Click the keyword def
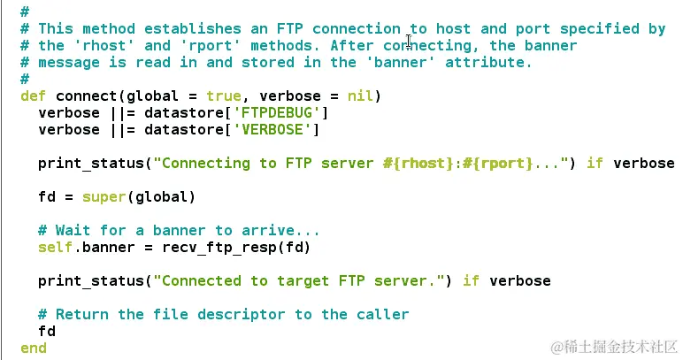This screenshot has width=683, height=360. pyautogui.click(x=33, y=96)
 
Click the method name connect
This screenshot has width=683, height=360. pyautogui.click(x=86, y=96)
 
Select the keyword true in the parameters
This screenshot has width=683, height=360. pyautogui.click(x=223, y=96)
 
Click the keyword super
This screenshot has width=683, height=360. pyautogui.click(x=104, y=196)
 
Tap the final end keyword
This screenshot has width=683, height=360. pyautogui.click(x=33, y=348)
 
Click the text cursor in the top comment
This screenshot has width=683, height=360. pyautogui.click(x=409, y=39)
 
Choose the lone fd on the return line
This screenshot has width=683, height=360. pyautogui.click(x=46, y=331)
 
